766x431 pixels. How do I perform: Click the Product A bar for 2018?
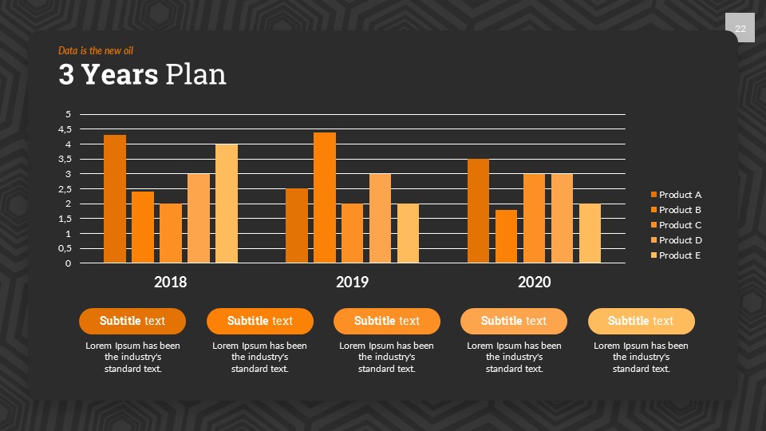pyautogui.click(x=115, y=199)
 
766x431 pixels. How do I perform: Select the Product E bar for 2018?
pyautogui.click(x=227, y=204)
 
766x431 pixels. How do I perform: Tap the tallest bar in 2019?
pyautogui.click(x=325, y=198)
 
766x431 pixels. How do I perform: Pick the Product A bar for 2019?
pyautogui.click(x=297, y=226)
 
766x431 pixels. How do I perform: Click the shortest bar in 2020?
pyautogui.click(x=507, y=236)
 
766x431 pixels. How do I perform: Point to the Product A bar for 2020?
pyautogui.click(x=478, y=211)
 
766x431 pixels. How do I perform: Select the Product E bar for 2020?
pyautogui.click(x=590, y=233)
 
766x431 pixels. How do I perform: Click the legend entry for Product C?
pyautogui.click(x=680, y=225)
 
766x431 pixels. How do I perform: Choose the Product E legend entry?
pyautogui.click(x=680, y=255)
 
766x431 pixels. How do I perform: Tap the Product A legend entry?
pyautogui.click(x=680, y=195)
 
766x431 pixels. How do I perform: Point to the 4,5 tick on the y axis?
pyautogui.click(x=65, y=129)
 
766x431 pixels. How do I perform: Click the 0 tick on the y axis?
pyautogui.click(x=69, y=263)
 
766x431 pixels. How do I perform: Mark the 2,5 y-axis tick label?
pyautogui.click(x=65, y=189)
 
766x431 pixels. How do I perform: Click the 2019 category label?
pyautogui.click(x=352, y=282)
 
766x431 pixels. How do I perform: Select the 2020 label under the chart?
pyautogui.click(x=534, y=282)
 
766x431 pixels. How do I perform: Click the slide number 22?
pyautogui.click(x=740, y=30)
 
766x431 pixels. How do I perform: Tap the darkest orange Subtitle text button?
pyautogui.click(x=132, y=321)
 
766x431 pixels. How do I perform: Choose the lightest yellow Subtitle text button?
pyautogui.click(x=641, y=321)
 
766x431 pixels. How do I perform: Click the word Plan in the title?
pyautogui.click(x=195, y=74)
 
